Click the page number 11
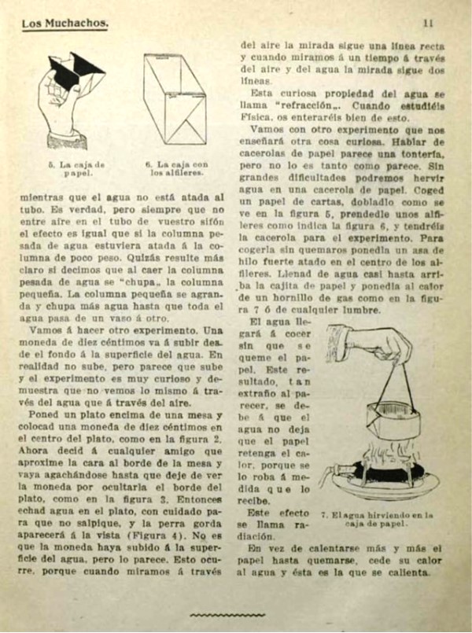pos(428,23)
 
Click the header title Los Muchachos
pos(65,24)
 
